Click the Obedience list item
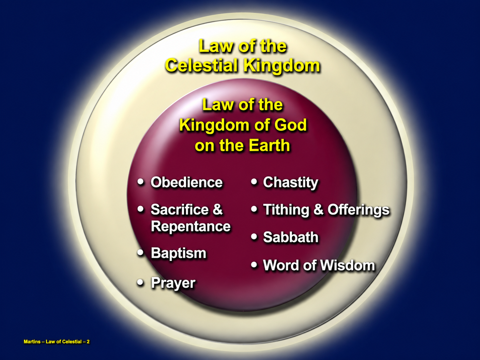187,182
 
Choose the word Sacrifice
180,210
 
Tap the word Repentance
191,226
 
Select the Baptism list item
178,253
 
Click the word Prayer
173,283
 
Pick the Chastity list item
290,183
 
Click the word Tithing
286,210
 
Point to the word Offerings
358,210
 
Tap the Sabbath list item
291,237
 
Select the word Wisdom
347,265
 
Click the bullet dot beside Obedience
141,182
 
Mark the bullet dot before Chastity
254,182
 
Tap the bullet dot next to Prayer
141,282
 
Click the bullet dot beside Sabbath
254,236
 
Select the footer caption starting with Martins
57,342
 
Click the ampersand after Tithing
318,210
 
